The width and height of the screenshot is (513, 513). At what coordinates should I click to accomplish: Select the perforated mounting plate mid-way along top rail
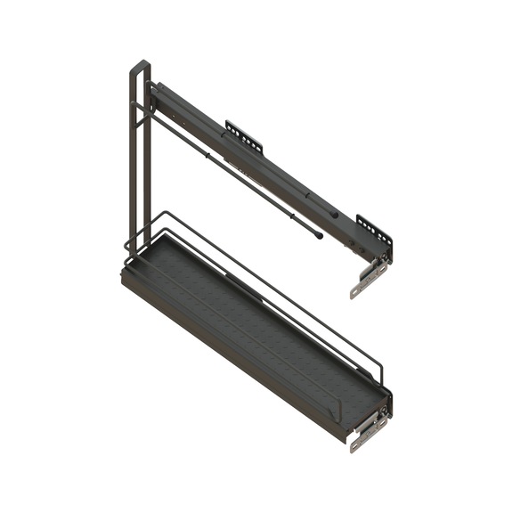[243, 136]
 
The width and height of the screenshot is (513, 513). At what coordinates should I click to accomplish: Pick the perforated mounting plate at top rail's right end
[375, 228]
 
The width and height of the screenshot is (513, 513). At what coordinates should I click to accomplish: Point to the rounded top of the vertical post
[140, 66]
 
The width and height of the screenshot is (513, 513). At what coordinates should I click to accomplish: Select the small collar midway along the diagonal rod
[207, 155]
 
